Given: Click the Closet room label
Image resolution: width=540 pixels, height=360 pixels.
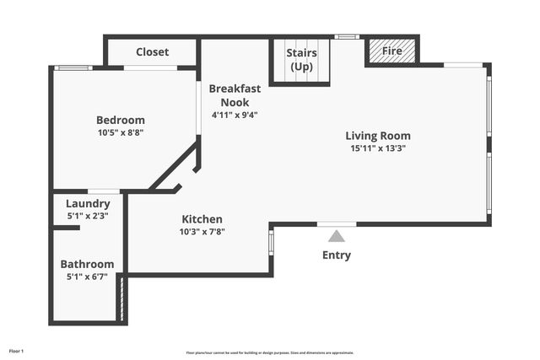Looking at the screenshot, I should [152, 52].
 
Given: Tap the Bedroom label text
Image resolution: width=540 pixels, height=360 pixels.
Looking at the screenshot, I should [120, 120].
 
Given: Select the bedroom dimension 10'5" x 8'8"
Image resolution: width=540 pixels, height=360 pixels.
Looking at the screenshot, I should [120, 132].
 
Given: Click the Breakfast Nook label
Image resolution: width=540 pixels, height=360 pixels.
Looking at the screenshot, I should [234, 95].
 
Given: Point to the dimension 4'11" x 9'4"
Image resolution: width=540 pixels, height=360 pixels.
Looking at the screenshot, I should [234, 115].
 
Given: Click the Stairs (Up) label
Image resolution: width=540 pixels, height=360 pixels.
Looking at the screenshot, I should [301, 60].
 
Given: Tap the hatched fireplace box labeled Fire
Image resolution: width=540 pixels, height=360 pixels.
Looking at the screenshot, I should [392, 51].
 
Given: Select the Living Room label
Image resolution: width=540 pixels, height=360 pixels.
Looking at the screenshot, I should [378, 135].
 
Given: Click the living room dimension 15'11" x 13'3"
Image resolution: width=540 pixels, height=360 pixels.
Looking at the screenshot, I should [378, 148].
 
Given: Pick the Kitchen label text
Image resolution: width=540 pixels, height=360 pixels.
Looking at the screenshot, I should [202, 218].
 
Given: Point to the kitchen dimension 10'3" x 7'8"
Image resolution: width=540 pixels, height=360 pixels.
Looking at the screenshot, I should [202, 231].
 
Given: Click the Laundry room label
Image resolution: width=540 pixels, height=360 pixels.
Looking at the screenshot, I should [88, 203].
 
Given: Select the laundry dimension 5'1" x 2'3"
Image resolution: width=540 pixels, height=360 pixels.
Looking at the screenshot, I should [88, 215].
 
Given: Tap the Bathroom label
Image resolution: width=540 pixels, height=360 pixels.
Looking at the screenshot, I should [87, 264].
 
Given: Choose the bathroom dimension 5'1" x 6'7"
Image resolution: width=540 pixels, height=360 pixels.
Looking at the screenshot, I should [87, 276].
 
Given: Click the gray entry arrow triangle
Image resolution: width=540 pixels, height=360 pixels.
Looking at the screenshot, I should [337, 236].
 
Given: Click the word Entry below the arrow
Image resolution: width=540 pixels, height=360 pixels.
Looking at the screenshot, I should [337, 255].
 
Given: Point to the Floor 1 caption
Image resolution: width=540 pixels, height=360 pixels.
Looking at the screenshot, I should [16, 350].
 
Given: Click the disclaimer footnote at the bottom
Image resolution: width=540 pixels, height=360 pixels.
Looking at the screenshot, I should [270, 352].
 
